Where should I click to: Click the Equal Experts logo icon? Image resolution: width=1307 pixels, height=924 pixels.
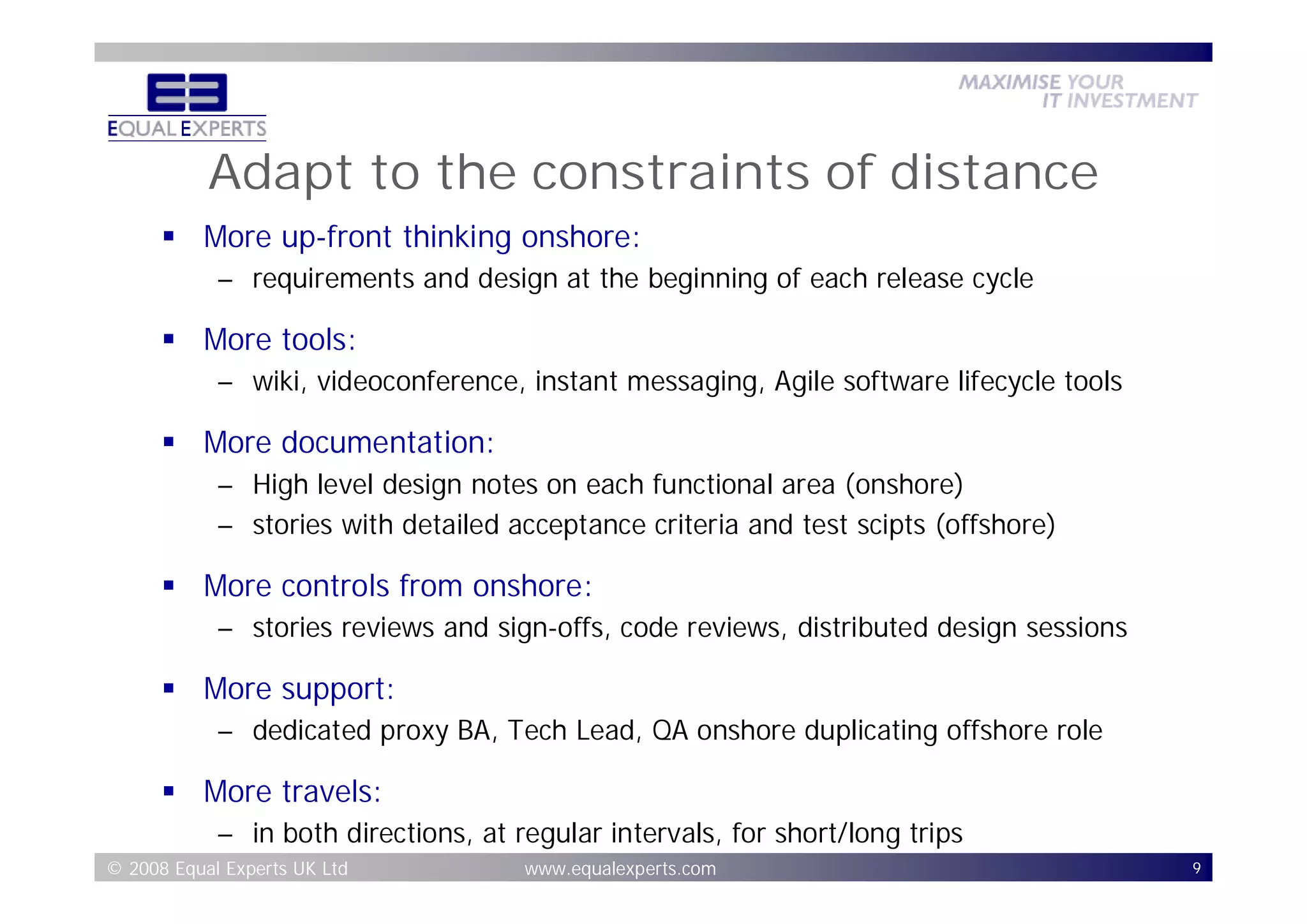186,93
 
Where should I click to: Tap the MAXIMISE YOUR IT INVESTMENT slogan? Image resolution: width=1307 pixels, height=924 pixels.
1077,91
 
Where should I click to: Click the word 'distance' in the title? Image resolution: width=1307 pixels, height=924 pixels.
994,173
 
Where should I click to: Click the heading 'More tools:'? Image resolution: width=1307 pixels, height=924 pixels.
280,339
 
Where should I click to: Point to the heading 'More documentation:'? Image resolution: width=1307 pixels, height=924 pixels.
348,442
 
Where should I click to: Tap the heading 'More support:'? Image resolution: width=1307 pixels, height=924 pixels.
299,689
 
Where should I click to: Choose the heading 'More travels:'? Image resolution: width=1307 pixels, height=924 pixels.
292,791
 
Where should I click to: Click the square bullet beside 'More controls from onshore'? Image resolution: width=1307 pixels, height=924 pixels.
168,586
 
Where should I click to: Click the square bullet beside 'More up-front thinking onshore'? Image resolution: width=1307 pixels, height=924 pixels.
168,237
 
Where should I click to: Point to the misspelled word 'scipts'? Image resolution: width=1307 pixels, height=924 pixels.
891,525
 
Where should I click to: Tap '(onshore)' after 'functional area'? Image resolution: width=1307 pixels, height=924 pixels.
904,485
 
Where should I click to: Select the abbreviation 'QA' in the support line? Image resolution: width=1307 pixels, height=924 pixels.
669,731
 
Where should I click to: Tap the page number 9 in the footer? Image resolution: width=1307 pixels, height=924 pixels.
1197,868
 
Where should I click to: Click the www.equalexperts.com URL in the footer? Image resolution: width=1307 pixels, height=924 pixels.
620,868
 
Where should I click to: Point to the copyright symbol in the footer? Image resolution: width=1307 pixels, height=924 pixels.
114,868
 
